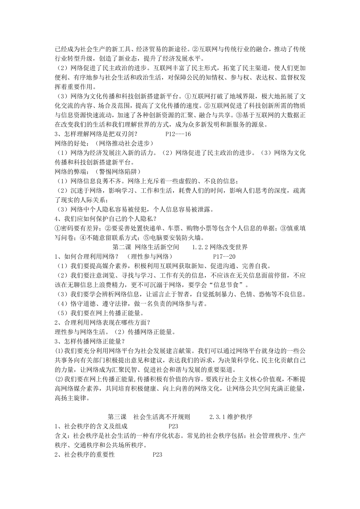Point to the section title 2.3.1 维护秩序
coord(231,417)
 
